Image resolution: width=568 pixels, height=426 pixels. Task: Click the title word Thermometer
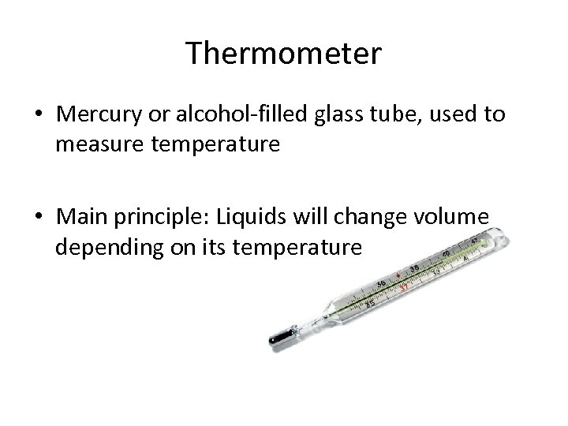[284, 54]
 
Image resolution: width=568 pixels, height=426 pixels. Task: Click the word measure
[93, 145]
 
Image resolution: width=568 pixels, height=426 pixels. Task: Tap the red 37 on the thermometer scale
[403, 286]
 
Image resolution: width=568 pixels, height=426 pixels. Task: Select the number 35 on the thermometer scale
[369, 303]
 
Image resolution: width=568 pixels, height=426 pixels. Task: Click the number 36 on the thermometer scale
[381, 284]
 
